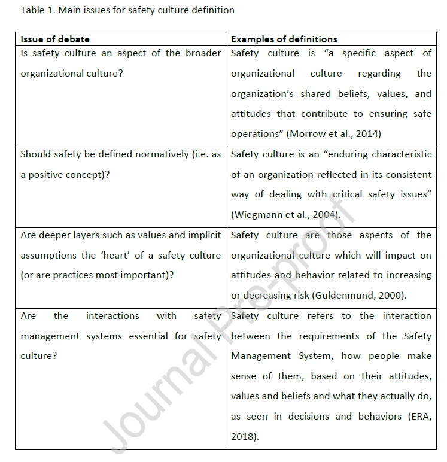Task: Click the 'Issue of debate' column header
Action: pyautogui.click(x=55, y=39)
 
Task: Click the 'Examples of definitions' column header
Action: pyautogui.click(x=284, y=39)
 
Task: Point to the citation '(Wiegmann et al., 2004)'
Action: pyautogui.click(x=286, y=215)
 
